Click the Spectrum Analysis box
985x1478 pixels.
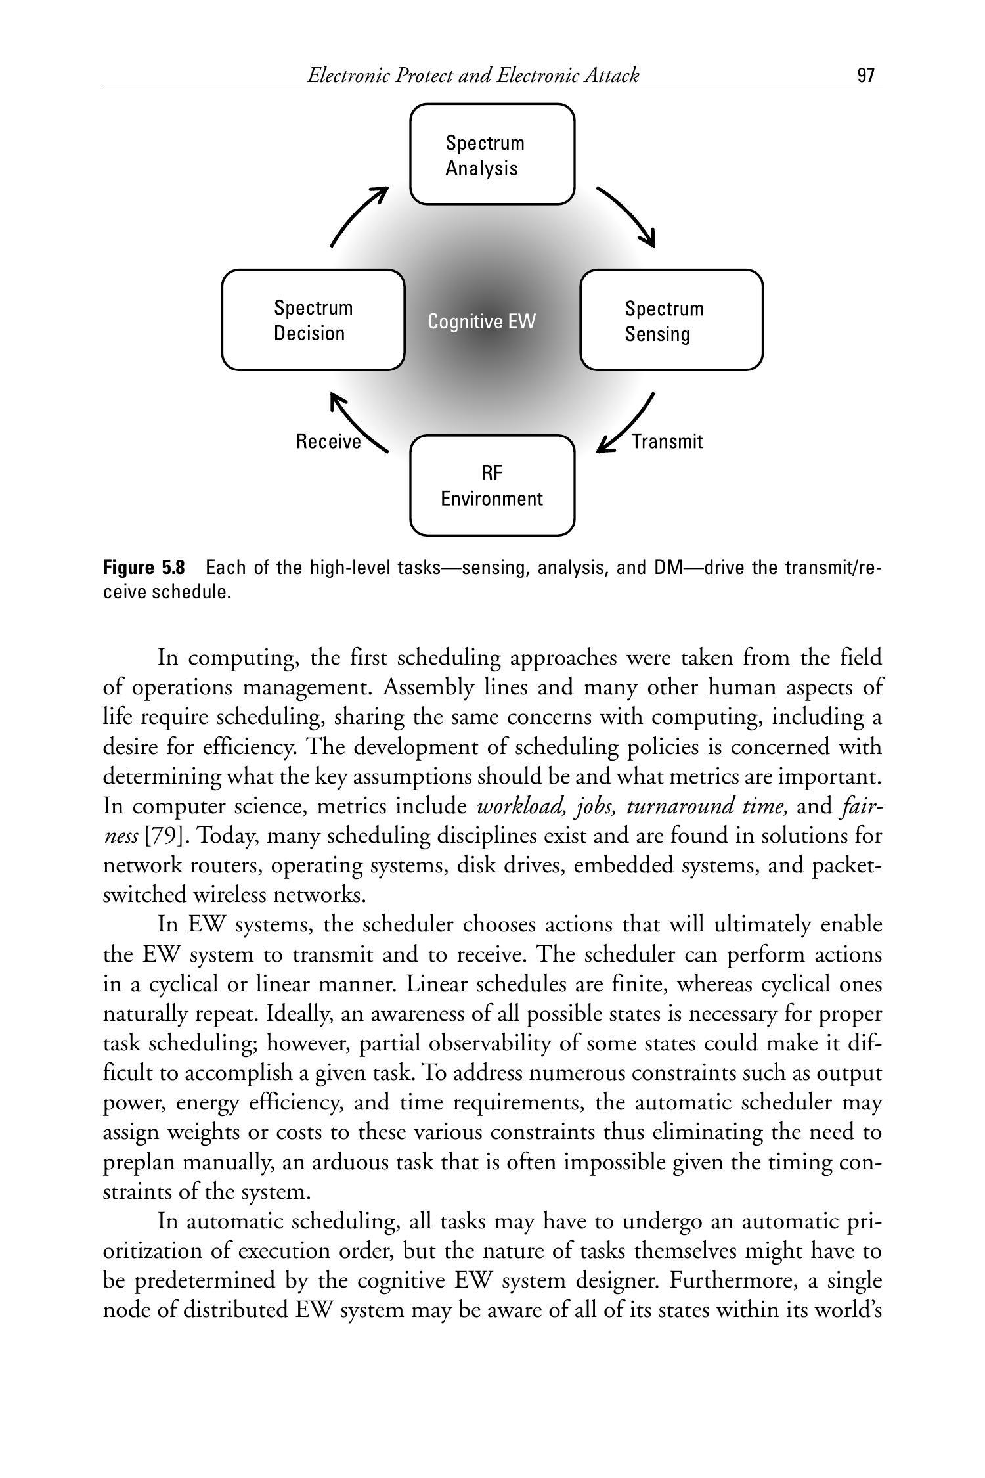[x=492, y=154]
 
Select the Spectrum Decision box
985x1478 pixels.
[x=313, y=320]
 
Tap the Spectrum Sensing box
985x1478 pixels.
[x=671, y=320]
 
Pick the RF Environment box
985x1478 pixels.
[x=492, y=485]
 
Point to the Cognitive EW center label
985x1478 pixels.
[x=482, y=322]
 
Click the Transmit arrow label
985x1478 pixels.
[x=667, y=441]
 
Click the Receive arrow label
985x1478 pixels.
[x=328, y=441]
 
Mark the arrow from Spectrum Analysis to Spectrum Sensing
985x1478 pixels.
[x=627, y=215]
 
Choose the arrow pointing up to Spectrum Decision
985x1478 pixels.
[x=358, y=424]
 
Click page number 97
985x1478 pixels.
[x=866, y=76]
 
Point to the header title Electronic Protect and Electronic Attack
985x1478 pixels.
[x=473, y=76]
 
